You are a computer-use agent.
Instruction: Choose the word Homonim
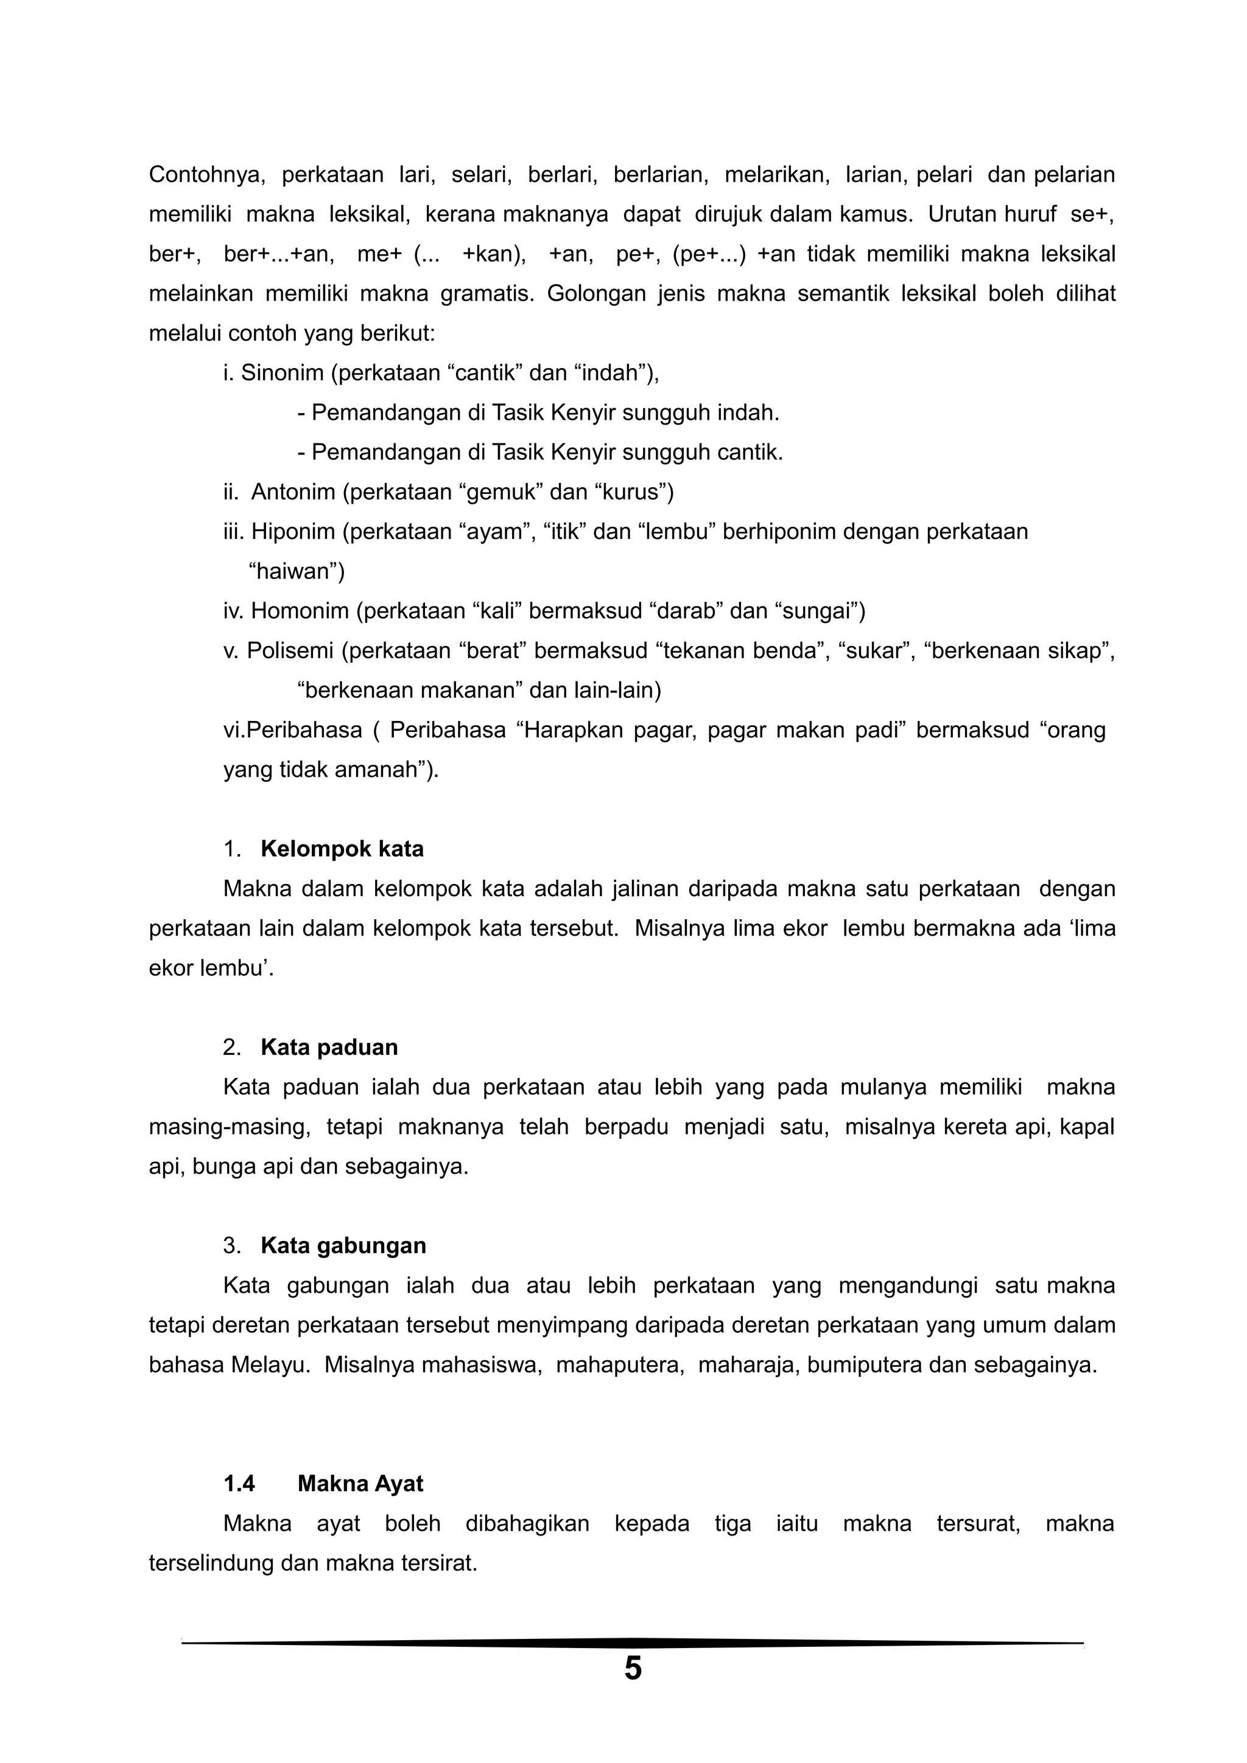point(300,611)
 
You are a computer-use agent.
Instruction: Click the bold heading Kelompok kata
point(342,849)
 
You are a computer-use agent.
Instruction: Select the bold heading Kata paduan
point(329,1048)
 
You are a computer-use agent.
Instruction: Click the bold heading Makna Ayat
point(360,1484)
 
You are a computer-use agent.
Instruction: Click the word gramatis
point(485,294)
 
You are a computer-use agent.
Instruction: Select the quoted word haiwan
point(297,571)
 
